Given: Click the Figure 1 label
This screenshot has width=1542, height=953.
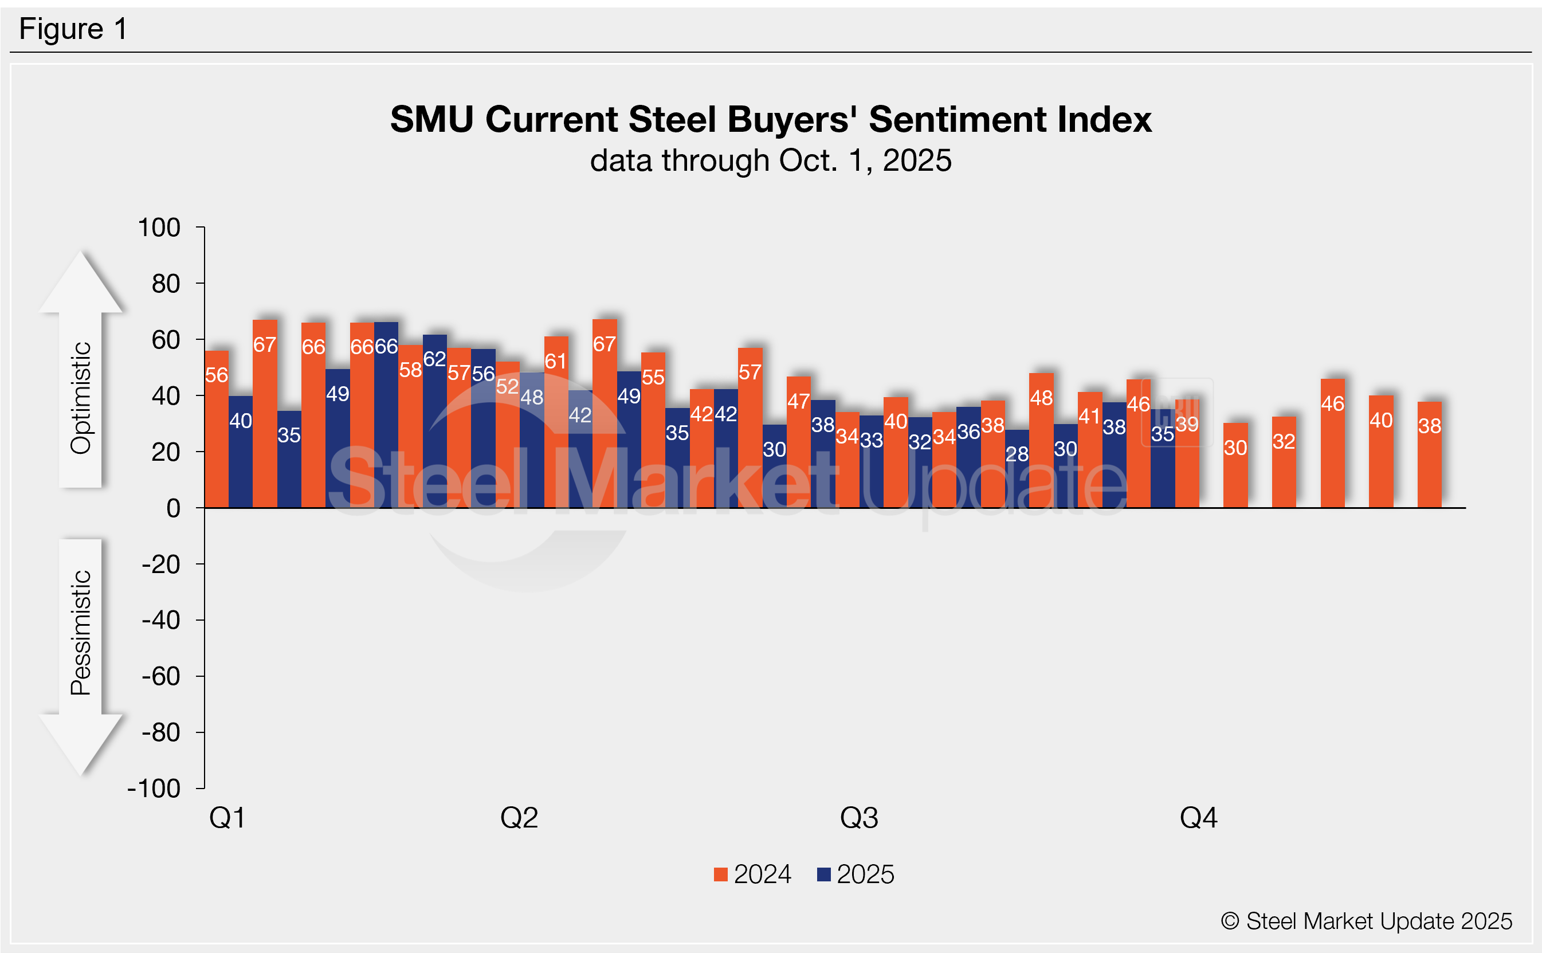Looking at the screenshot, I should (73, 29).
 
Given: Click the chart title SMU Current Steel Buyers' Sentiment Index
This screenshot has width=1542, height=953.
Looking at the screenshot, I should (770, 119).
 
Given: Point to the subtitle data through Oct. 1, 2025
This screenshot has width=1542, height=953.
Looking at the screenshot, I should (770, 160).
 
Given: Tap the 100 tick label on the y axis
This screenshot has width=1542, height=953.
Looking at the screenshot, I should (159, 228).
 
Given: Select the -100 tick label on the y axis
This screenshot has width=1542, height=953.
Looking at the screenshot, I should (154, 789).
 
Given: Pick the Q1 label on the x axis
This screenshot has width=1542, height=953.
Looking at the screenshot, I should (227, 818).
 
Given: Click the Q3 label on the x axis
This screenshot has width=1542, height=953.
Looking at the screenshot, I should (858, 818).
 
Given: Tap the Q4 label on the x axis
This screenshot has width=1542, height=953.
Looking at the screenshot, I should (1198, 818).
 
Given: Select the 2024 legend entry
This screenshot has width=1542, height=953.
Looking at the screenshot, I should (752, 874).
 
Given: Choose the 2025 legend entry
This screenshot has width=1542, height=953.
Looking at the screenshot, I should (855, 874).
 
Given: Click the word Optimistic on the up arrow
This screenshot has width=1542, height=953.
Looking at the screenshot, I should (81, 398).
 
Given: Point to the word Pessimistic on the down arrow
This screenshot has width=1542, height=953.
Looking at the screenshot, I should (81, 632).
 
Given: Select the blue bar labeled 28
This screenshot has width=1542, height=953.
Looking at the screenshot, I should (1017, 469).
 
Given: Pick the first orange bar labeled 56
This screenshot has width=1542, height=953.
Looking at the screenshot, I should (216, 429).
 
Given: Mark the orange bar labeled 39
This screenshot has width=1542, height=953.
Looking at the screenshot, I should (1187, 454).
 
